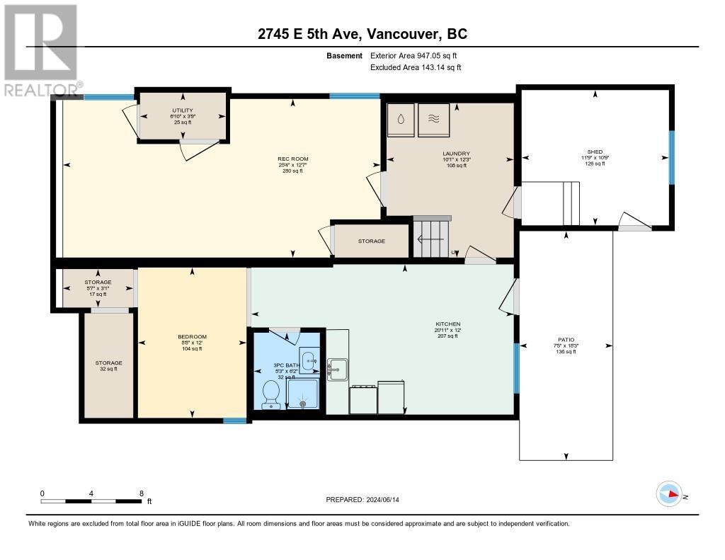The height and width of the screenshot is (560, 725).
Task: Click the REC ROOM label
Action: point(292,159)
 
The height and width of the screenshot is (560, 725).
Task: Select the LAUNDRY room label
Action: point(456,154)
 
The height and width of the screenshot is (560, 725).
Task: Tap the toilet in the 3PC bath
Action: point(270,394)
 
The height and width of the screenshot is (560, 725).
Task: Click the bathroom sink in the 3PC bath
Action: point(309,360)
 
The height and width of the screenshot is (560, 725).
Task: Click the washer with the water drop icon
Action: point(401,120)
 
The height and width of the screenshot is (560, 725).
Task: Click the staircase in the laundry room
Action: point(432,238)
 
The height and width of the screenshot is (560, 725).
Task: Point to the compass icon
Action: point(668,494)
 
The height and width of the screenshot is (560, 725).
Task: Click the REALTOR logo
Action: point(40,50)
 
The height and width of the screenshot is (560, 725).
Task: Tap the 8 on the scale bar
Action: point(142,493)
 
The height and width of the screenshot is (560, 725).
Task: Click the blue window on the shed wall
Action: point(670,157)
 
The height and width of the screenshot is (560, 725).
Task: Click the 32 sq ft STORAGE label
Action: point(109,366)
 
